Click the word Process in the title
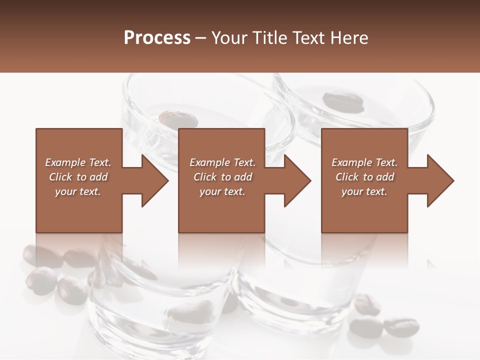click(157, 38)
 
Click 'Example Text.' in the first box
click(78, 162)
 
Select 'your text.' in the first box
click(78, 191)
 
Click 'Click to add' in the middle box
click(222, 177)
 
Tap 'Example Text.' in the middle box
click(222, 162)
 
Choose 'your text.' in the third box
click(364, 191)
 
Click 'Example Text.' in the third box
click(364, 162)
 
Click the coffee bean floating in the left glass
click(178, 119)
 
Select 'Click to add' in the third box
click(364, 177)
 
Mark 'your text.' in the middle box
click(222, 191)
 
